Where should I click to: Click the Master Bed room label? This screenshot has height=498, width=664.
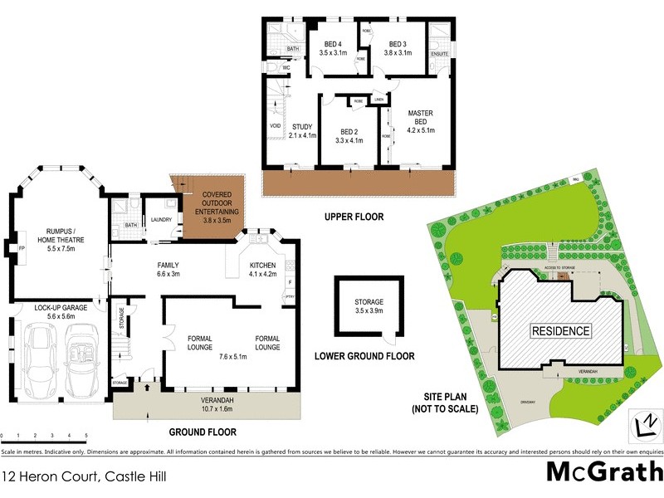[420, 121]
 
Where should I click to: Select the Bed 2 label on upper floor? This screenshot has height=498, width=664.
[349, 136]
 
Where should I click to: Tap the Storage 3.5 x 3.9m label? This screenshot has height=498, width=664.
[369, 306]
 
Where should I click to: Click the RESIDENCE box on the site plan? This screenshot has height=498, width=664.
[561, 331]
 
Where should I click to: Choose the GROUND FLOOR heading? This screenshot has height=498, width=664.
[203, 432]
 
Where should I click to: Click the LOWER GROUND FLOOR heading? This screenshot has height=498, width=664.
[364, 356]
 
